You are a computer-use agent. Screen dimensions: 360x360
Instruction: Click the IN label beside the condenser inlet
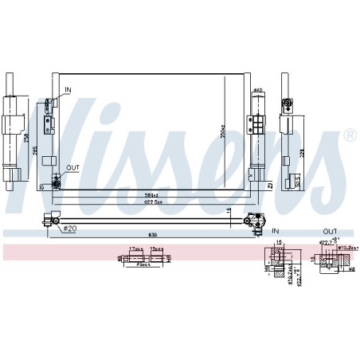point(68,90)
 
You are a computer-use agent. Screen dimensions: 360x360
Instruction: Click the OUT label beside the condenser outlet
point(72,168)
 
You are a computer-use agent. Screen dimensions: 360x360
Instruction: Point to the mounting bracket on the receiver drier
point(257,127)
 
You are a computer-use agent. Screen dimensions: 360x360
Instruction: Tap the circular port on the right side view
point(289,103)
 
